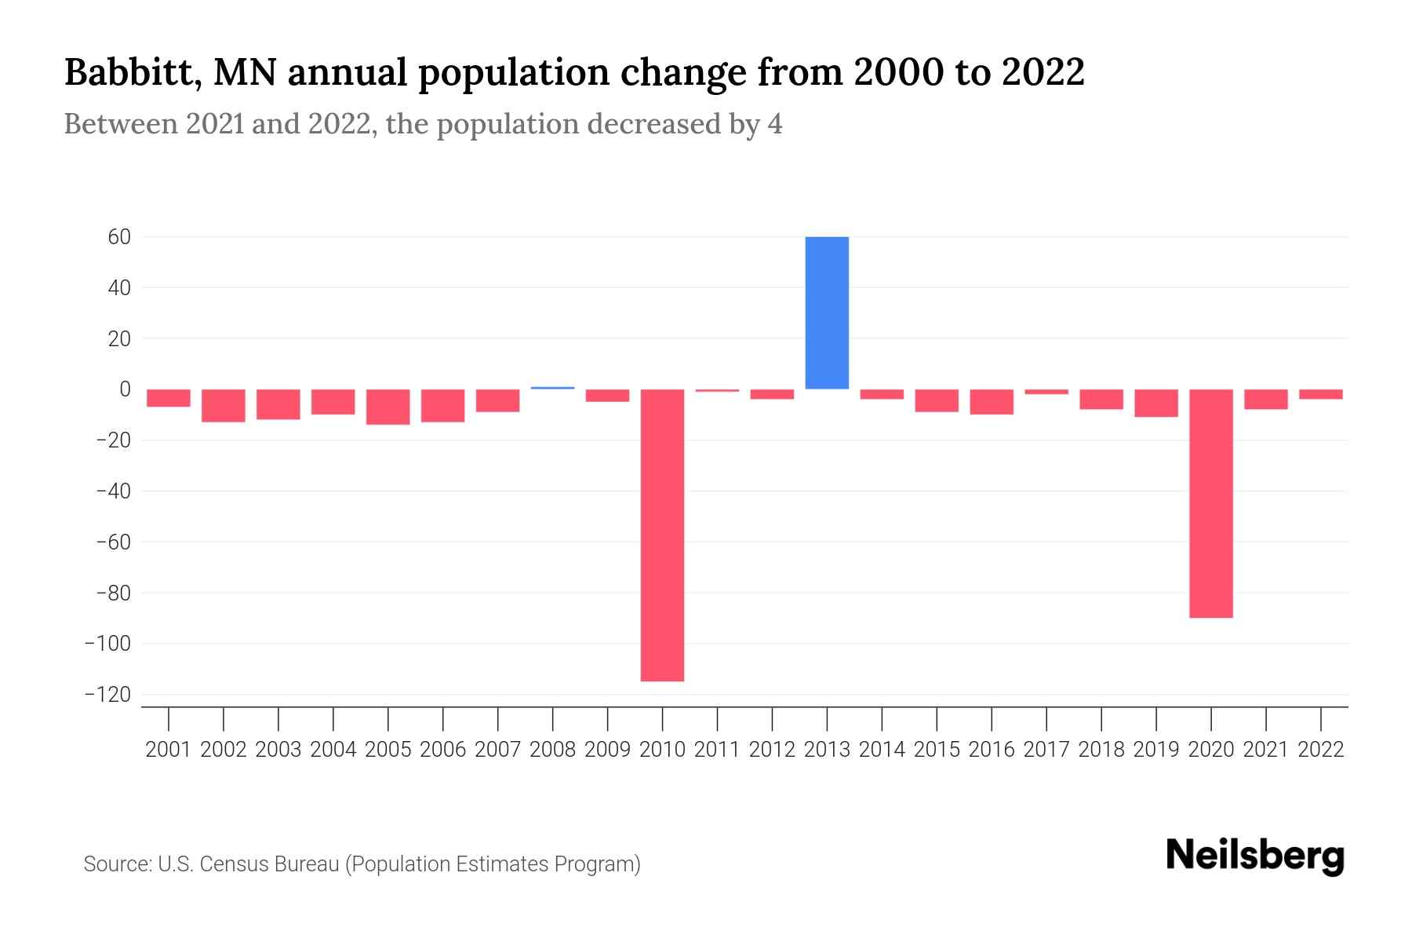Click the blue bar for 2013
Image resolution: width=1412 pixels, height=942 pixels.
827,312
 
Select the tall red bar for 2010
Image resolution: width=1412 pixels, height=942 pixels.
662,535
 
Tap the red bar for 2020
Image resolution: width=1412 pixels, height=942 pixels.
1210,503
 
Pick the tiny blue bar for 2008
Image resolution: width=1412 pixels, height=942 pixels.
552,388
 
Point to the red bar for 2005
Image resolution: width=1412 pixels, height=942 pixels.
388,407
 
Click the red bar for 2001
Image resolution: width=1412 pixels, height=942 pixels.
168,398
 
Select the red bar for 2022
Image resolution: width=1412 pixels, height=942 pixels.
1320,394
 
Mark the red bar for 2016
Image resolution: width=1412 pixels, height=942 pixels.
992,402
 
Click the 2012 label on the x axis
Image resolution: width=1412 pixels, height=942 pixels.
772,750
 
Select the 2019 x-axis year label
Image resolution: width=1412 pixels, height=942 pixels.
1155,750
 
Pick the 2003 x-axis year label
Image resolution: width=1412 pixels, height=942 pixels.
278,750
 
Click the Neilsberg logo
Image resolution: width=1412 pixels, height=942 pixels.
1254,856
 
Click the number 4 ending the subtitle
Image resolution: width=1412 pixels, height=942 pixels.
774,125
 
